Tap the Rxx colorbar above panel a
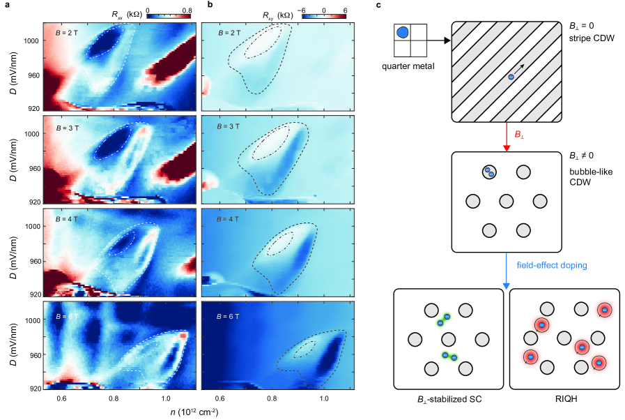click(x=167, y=13)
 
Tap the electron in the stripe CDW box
click(x=511, y=77)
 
